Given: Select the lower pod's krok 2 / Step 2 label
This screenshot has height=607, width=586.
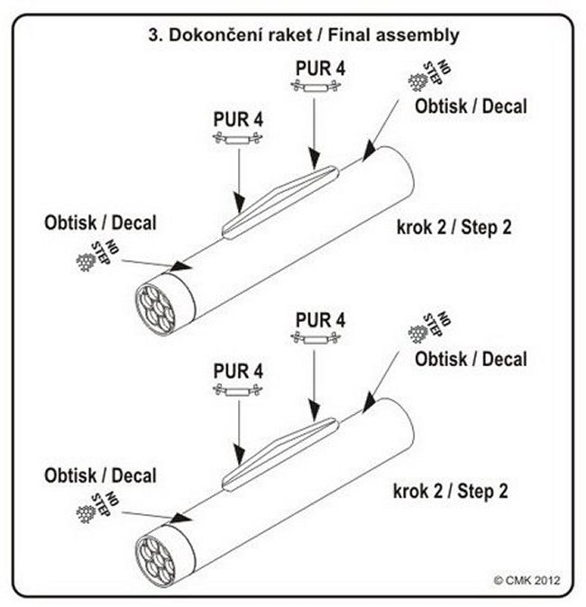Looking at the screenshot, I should (451, 492).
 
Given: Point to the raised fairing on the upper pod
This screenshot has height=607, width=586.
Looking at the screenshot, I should (280, 201).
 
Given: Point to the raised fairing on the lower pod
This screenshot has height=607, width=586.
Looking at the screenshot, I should (280, 455).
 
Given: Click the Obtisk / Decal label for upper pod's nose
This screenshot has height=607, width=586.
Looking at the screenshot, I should (99, 221).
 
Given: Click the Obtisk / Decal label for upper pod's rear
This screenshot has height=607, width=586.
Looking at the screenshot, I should (471, 106).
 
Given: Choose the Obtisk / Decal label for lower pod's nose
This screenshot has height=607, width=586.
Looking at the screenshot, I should (99, 475).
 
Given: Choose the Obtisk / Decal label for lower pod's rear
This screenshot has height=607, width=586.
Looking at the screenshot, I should (471, 359).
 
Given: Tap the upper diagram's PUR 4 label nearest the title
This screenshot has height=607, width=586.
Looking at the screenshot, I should (320, 68).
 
